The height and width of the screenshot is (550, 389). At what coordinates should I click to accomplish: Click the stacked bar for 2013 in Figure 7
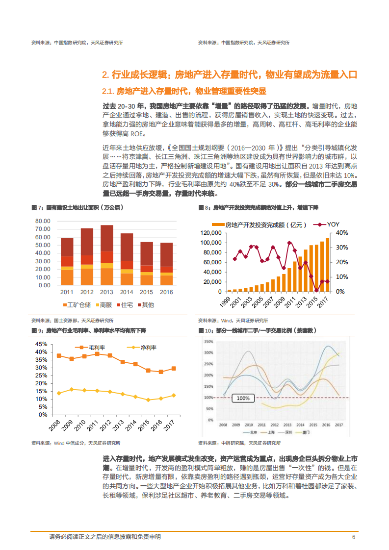point(107,255)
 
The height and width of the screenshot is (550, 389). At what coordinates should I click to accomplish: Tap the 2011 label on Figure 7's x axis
point(67,292)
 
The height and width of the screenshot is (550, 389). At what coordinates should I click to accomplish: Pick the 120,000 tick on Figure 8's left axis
point(210,232)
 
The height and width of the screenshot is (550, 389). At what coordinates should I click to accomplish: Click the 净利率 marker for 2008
point(59,393)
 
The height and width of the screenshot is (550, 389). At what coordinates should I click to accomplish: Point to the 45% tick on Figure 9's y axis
point(41,344)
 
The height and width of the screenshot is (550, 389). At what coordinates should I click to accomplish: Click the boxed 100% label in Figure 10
point(243,399)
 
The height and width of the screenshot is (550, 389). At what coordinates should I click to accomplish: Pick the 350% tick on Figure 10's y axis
point(208,342)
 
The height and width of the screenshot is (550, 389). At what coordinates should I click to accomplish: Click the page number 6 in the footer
point(353,537)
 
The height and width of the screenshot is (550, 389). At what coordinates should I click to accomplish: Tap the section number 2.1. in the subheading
point(108,91)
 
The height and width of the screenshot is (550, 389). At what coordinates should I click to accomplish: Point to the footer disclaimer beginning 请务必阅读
point(105,537)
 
